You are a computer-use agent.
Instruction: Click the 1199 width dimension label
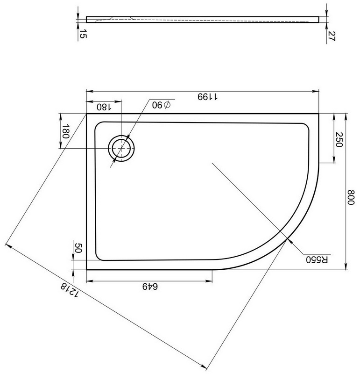tap(207, 97)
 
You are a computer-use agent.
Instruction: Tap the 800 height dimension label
tap(351, 197)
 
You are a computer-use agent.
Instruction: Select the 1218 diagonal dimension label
tap(69, 290)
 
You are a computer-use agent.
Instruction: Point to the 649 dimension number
tap(150, 286)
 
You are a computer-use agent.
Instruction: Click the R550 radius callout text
tap(317, 260)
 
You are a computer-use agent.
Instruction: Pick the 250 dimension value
tap(339, 139)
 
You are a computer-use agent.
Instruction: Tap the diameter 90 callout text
tap(161, 105)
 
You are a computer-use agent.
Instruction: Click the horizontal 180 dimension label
tap(104, 107)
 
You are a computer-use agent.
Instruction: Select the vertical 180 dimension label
tap(65, 131)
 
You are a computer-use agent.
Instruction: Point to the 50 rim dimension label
tap(78, 248)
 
